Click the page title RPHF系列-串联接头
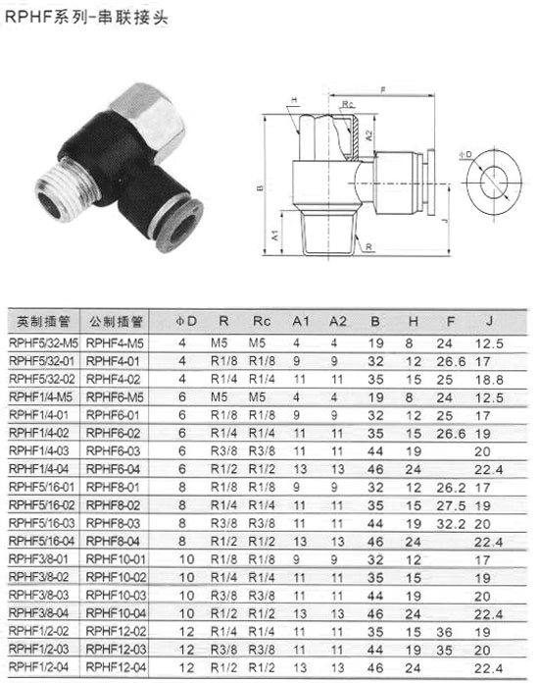coord(85,17)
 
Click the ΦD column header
coord(186,322)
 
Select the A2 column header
coord(337,322)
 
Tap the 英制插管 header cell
coord(43,322)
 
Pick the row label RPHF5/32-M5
coord(43,343)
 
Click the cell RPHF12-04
coord(116,667)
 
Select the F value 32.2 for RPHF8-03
coord(451,524)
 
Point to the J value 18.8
coord(489,380)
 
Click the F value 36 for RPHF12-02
coord(445,632)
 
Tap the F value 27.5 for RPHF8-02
coord(451,505)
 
